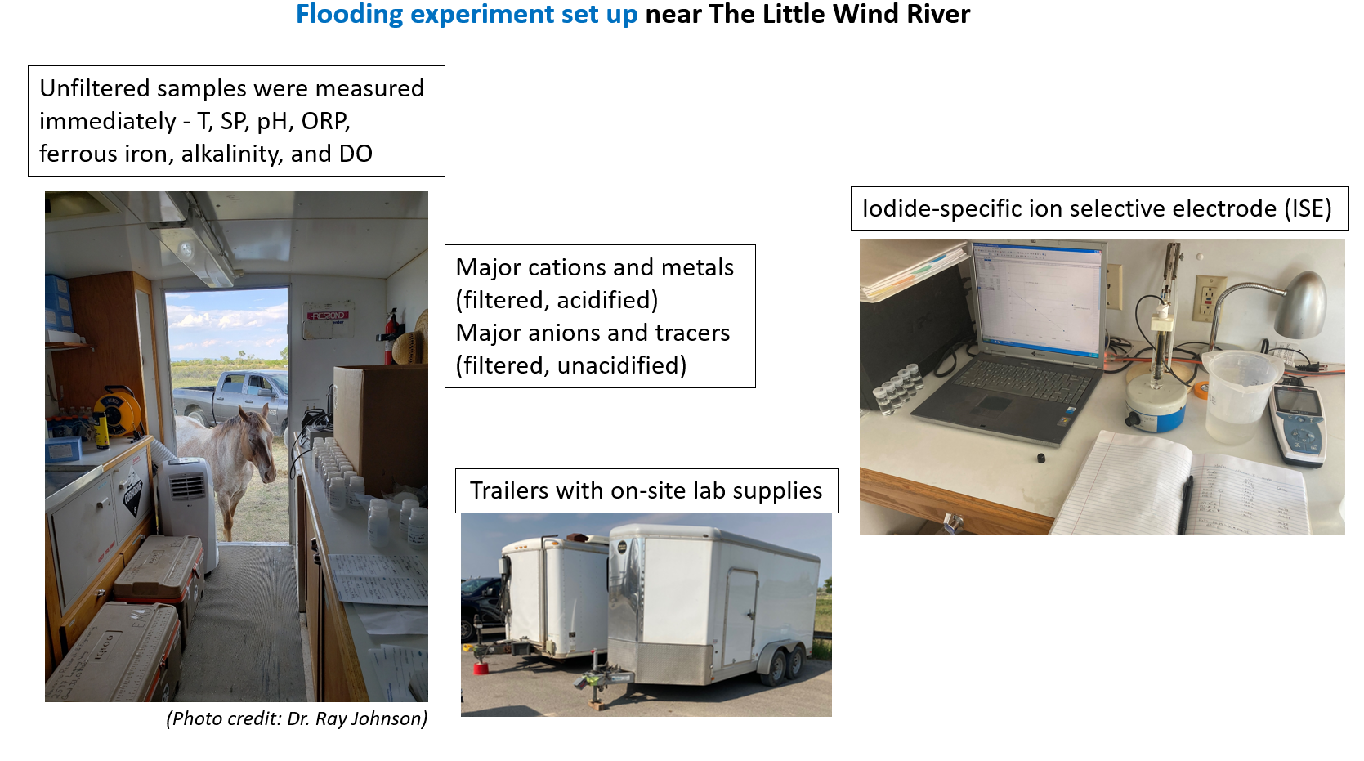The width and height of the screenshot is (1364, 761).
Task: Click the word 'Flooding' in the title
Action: coord(349,15)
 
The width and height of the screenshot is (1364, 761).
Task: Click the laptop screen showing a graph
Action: coord(1038,300)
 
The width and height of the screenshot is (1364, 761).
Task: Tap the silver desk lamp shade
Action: coord(1302,305)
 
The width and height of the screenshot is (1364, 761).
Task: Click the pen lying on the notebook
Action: coord(1184,505)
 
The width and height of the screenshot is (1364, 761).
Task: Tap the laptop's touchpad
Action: coord(995,404)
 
